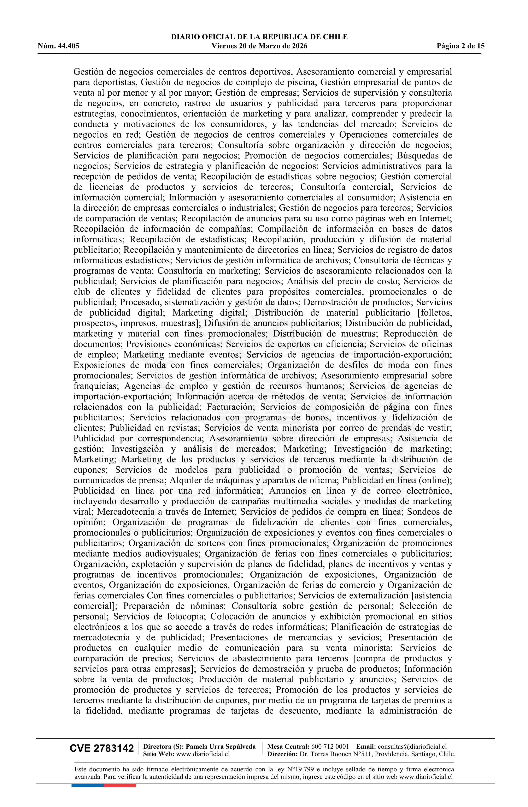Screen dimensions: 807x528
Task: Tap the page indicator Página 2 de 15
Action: click(x=460, y=46)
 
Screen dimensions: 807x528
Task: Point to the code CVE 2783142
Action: click(x=102, y=749)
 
